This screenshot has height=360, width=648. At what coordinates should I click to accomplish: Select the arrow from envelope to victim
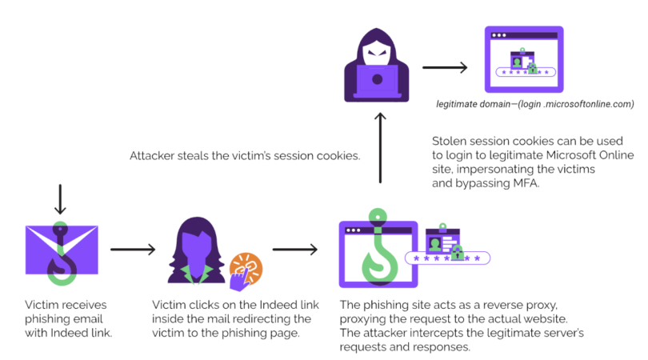pyautogui.click(x=133, y=250)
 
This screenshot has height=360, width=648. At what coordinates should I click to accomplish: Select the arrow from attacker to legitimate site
pyautogui.click(x=444, y=67)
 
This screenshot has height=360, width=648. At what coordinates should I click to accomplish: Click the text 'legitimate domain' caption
pyautogui.click(x=474, y=104)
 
